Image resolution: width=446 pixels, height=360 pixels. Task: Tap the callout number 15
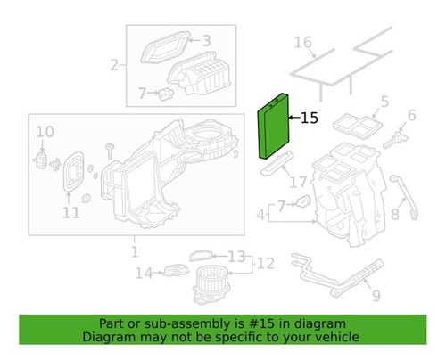pyautogui.click(x=309, y=117)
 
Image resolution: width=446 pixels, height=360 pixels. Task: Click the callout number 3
pyautogui.click(x=205, y=40)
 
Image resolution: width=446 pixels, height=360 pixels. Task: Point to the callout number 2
pyautogui.click(x=114, y=64)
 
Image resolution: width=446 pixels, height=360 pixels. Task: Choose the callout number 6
pyautogui.click(x=411, y=116)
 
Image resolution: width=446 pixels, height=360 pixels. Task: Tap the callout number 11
pyautogui.click(x=70, y=211)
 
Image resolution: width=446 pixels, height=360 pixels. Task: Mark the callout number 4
pyautogui.click(x=260, y=215)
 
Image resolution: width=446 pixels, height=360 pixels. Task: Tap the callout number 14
pyautogui.click(x=143, y=273)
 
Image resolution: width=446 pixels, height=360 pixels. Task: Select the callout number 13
pyautogui.click(x=236, y=257)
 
